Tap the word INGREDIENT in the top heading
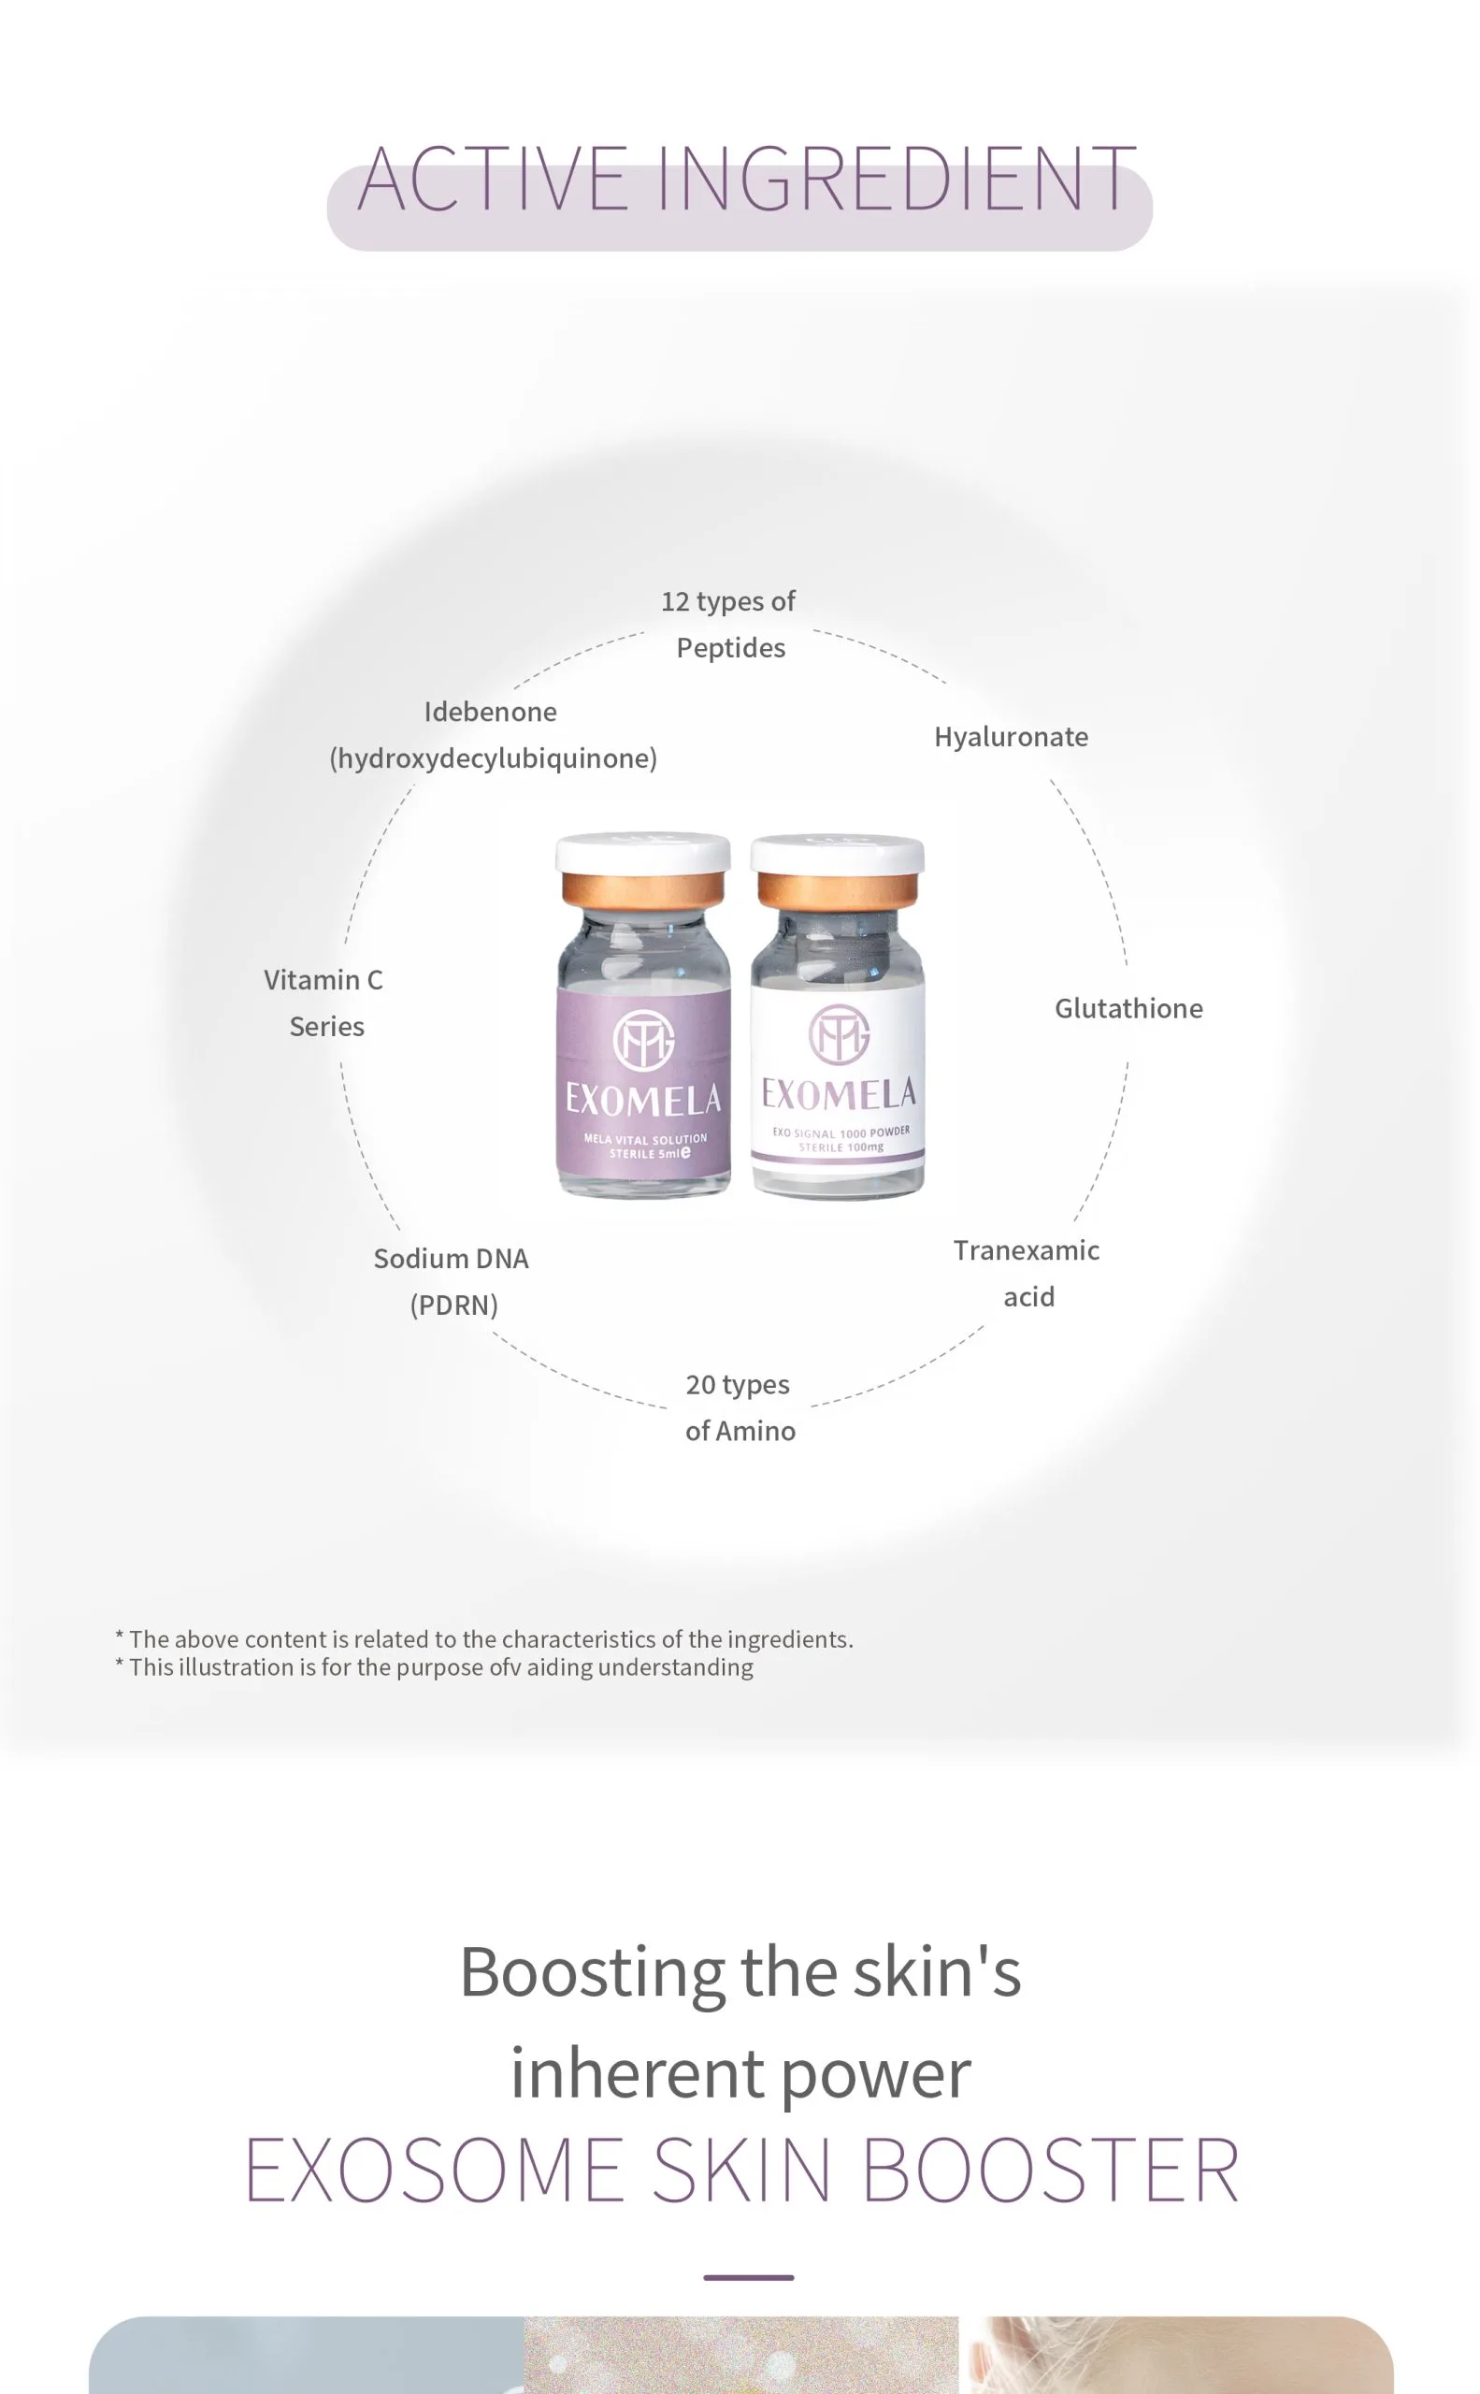(897, 179)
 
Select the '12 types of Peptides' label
(729, 624)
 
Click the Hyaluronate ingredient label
(1012, 736)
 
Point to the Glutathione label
(1128, 1007)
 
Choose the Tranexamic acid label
(1027, 1273)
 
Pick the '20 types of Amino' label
(740, 1407)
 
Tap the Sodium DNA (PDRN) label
(452, 1281)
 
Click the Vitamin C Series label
(324, 1002)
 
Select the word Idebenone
(491, 712)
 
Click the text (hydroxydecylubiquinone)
(494, 757)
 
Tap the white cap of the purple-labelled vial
(643, 851)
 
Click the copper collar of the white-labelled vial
(838, 890)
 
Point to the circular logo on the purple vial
(643, 1039)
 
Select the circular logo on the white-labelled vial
(839, 1033)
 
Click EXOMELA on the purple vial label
(643, 1100)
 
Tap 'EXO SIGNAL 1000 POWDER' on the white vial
(841, 1132)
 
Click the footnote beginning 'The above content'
(484, 1639)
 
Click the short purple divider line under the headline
(749, 2277)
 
